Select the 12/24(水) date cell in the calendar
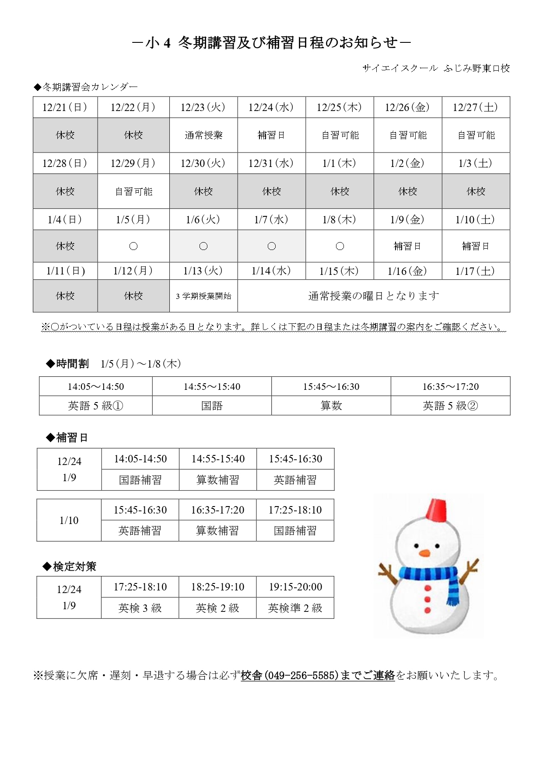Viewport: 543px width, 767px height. (x=271, y=108)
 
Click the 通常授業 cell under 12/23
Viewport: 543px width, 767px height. (x=203, y=135)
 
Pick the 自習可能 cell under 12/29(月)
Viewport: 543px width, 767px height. (x=133, y=191)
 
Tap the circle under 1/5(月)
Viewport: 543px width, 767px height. (x=133, y=246)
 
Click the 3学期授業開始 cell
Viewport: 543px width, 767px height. (x=203, y=296)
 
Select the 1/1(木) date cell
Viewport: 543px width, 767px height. (x=340, y=163)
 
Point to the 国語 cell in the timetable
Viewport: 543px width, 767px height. (x=212, y=406)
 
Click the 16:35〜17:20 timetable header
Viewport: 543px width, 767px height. (x=450, y=386)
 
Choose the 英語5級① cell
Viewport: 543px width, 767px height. (x=95, y=406)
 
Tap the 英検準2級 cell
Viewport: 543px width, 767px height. (x=295, y=608)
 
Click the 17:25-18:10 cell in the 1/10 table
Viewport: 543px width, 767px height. (x=295, y=510)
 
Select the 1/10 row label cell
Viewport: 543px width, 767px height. (x=69, y=520)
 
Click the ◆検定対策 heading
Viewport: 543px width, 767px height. (x=70, y=566)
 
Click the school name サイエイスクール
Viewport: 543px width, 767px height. (x=400, y=68)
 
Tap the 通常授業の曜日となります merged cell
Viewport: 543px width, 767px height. (x=374, y=296)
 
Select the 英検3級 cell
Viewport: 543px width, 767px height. (x=140, y=608)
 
